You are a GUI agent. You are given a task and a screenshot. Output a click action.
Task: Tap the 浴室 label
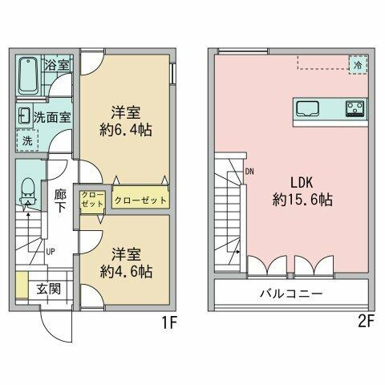pyautogui.click(x=56, y=64)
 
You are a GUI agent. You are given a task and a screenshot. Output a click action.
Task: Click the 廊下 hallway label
pyautogui.click(x=61, y=200)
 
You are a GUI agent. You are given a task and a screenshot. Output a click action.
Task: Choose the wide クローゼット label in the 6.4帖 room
pyautogui.click(x=140, y=201)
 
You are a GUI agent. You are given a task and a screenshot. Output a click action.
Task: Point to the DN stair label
pyautogui.click(x=250, y=171)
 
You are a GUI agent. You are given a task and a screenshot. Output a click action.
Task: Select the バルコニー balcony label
pyautogui.click(x=291, y=294)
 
